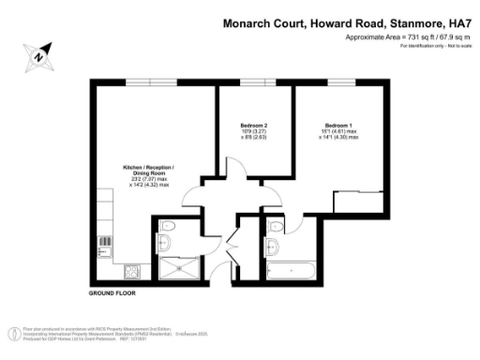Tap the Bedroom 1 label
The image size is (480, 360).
pos(338,125)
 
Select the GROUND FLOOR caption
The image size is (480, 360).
pos(112,293)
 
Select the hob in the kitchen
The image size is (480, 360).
pos(132,271)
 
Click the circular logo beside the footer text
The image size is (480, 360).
pos(14,333)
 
